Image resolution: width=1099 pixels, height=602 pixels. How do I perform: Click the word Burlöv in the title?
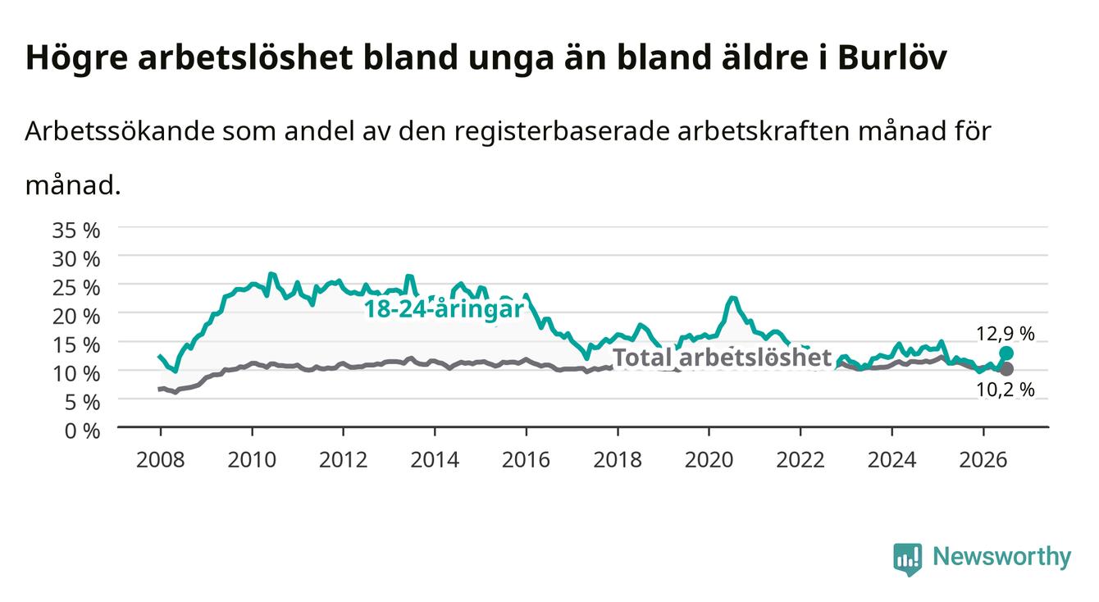click(892, 58)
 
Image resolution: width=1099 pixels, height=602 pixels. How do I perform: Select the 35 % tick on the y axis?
click(76, 230)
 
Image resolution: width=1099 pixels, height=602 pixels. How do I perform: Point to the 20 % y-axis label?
click(76, 316)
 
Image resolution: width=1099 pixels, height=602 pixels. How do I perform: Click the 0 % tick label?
click(82, 431)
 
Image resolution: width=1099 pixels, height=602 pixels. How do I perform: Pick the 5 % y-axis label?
click(82, 403)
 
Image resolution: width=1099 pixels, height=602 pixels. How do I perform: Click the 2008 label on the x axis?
click(161, 460)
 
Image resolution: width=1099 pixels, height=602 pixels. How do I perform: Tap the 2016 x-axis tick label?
click(526, 460)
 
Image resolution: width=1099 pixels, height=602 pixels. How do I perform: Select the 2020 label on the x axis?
click(709, 460)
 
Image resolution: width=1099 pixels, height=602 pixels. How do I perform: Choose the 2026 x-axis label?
click(983, 460)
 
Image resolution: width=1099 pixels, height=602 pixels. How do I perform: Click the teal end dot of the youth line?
click(1006, 353)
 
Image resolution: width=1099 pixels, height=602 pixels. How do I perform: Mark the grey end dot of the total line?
click(1006, 369)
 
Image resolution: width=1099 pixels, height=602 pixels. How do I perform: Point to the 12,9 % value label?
click(1006, 334)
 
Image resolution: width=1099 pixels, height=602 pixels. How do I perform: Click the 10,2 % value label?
click(1006, 390)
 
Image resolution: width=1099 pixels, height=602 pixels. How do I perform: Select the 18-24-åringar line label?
click(444, 309)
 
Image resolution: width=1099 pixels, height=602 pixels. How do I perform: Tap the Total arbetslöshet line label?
click(723, 357)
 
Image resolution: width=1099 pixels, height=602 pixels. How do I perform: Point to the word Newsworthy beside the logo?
click(1002, 557)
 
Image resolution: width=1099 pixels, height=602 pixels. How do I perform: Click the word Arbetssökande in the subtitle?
click(120, 131)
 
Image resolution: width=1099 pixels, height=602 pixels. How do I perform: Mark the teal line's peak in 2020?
click(732, 298)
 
